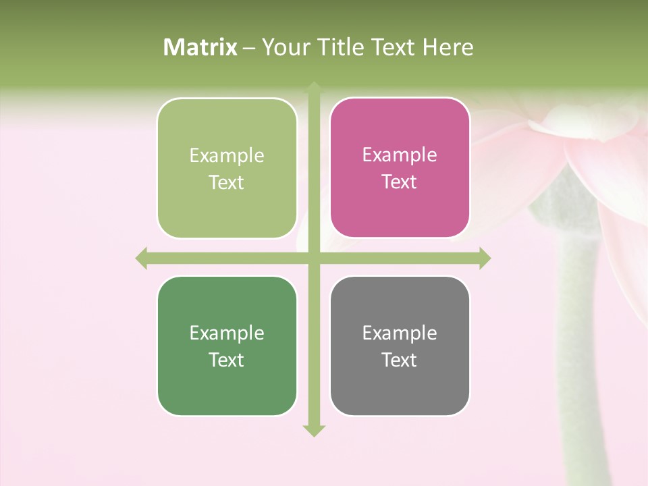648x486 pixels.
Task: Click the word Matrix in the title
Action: click(x=200, y=47)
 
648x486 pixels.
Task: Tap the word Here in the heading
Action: click(x=448, y=47)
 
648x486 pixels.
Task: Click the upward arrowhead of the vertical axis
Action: click(x=314, y=87)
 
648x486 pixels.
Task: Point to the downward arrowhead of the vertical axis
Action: click(x=314, y=430)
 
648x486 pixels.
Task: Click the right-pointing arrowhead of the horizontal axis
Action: click(x=485, y=258)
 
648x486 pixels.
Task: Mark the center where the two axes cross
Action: click(x=314, y=258)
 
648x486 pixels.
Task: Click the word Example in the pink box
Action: click(x=400, y=155)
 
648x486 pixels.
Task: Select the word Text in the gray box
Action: click(x=400, y=360)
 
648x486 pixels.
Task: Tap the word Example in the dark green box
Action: click(x=227, y=333)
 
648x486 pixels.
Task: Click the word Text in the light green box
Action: click(x=227, y=183)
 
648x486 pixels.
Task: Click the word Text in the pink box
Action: click(x=400, y=182)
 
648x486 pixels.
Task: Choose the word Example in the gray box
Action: click(x=400, y=333)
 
